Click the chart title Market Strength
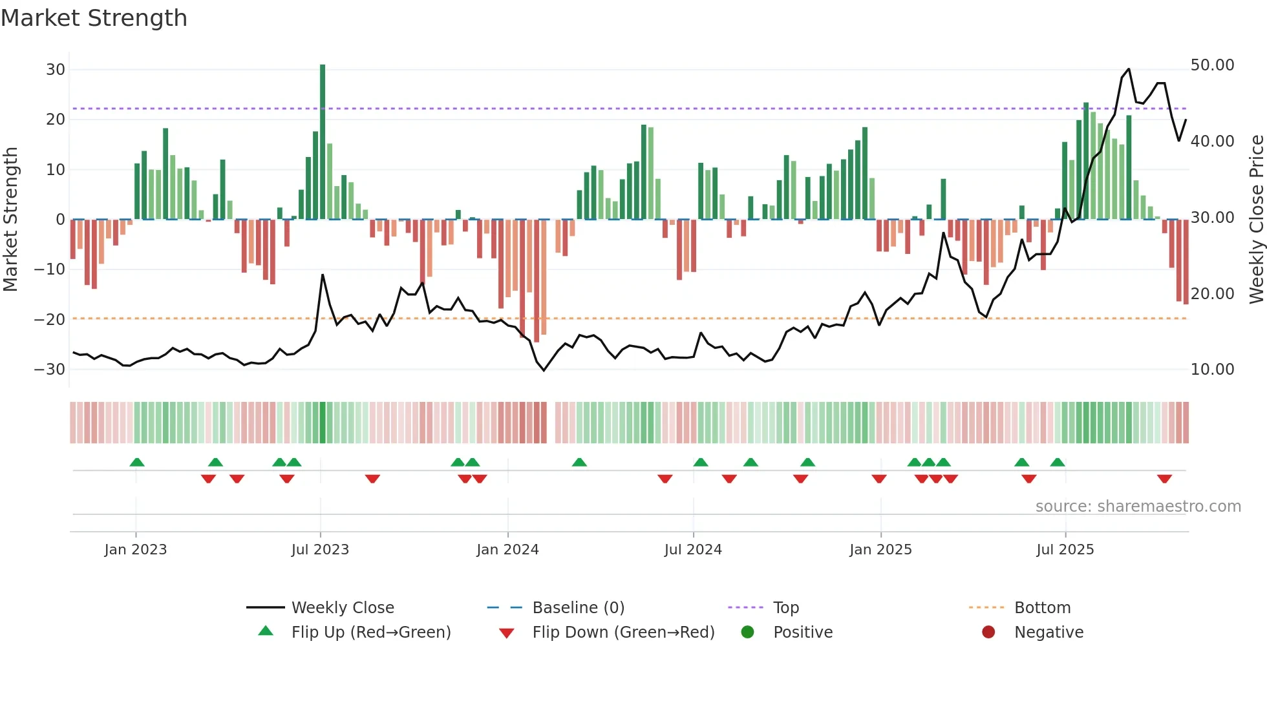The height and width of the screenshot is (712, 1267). pos(94,18)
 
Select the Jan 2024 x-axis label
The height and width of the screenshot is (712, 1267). pos(507,550)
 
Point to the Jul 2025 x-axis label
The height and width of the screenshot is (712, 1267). pos(1065,550)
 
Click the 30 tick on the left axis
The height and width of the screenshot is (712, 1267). pos(56,70)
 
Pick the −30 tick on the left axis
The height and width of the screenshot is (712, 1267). pos(50,370)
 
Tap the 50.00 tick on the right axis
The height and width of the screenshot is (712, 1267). pos(1212,65)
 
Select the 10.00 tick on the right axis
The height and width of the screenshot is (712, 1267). pos(1212,370)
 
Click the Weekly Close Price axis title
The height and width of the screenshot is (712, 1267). pos(1256,220)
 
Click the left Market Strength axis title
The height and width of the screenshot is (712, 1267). pos(11,220)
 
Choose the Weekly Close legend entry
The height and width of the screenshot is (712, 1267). pos(342,608)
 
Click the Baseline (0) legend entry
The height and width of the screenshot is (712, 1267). pos(578,608)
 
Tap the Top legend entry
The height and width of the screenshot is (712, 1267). pos(785,608)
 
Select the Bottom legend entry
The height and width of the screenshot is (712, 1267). pos(1042,608)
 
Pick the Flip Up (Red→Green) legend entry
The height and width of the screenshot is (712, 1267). pos(370,633)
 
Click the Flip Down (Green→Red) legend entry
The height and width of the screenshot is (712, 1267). pos(623,633)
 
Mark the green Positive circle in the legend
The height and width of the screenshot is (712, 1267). pos(748,633)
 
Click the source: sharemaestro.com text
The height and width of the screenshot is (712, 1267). pos(1138,507)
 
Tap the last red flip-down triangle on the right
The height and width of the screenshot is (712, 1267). pos(1164,479)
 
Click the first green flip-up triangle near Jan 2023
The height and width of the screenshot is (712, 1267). pos(137,462)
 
